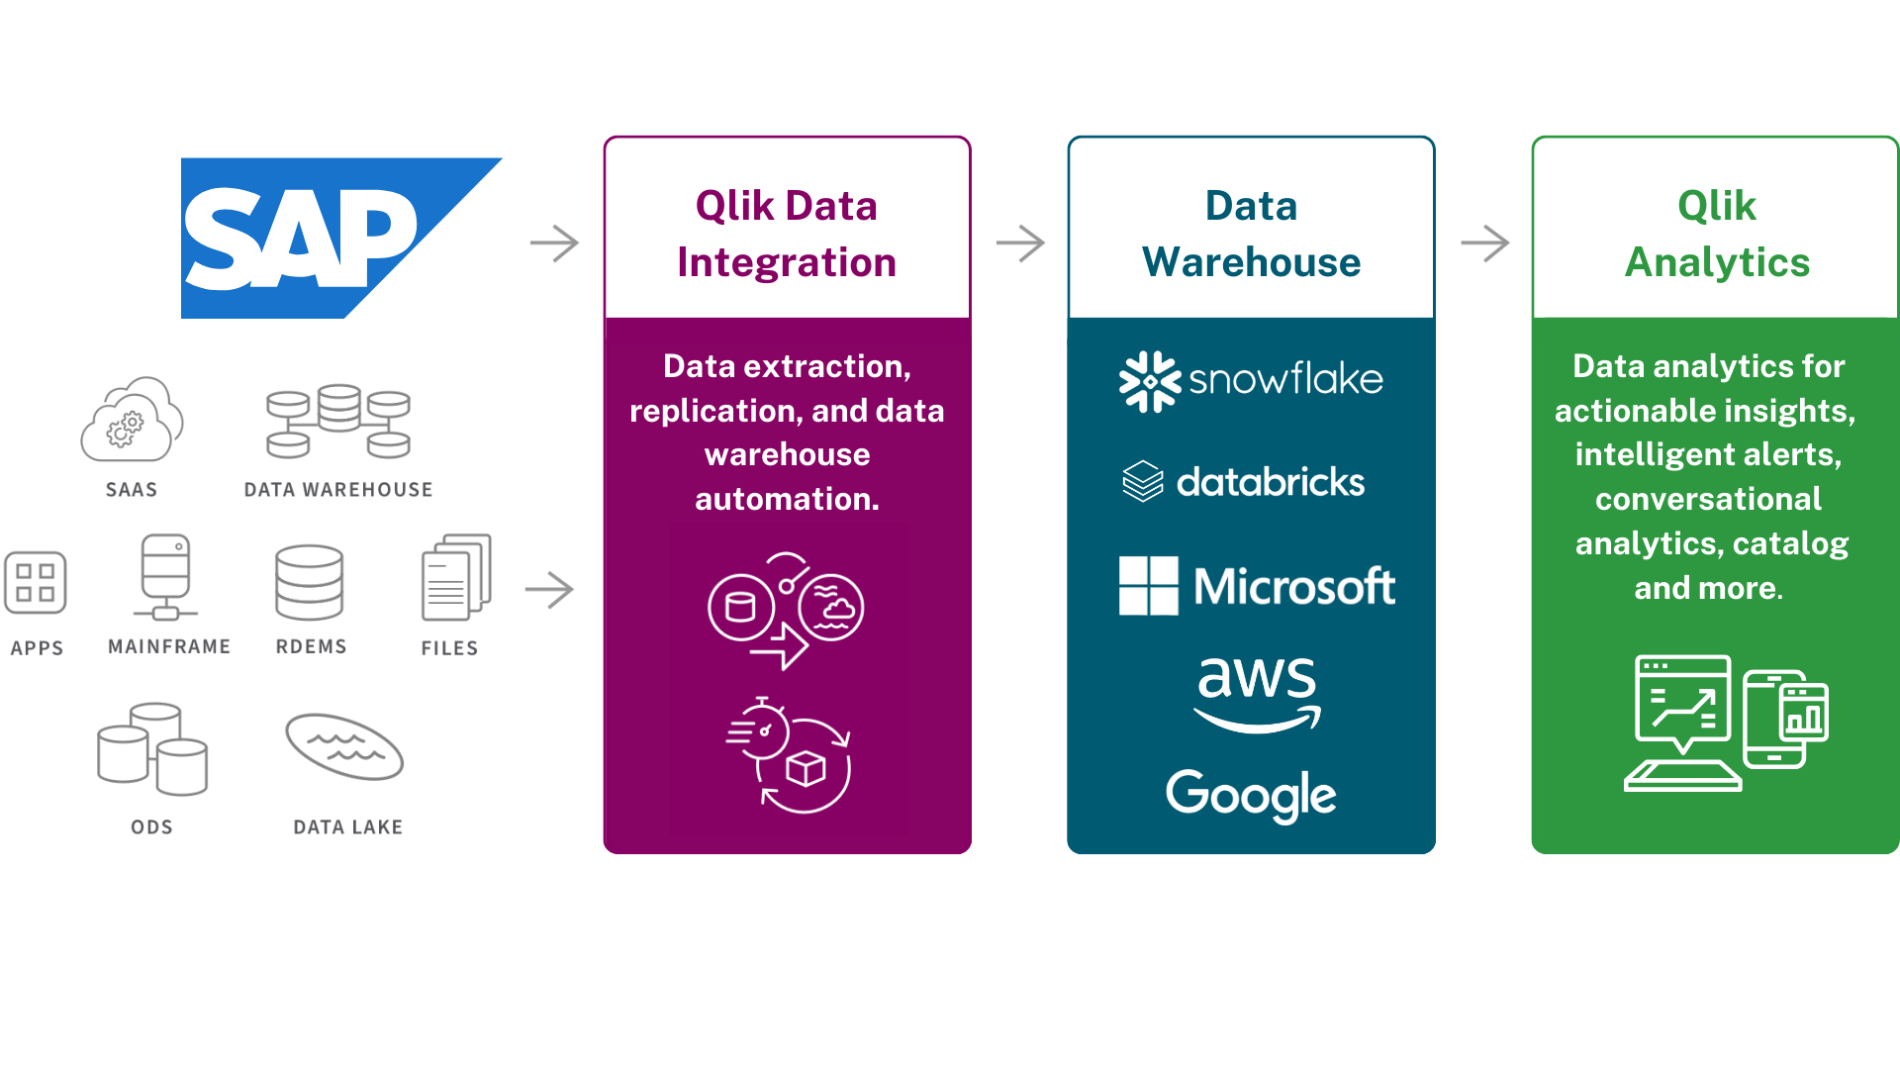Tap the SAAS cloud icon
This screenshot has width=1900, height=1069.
click(132, 421)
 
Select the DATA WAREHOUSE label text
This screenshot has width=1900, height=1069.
click(338, 489)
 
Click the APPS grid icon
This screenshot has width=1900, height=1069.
click(36, 583)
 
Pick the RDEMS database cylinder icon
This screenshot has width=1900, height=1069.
click(310, 582)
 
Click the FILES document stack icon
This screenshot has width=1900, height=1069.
click(455, 577)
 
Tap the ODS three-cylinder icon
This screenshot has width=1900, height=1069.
click(152, 749)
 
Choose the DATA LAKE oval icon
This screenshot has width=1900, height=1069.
click(344, 747)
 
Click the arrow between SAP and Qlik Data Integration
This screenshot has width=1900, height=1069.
click(554, 243)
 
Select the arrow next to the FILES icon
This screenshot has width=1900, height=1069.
click(549, 590)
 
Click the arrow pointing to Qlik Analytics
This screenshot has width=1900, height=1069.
click(1484, 243)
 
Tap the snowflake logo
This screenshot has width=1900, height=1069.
click(1251, 380)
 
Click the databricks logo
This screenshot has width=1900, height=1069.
click(1244, 482)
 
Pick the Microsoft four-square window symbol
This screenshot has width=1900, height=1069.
click(1148, 586)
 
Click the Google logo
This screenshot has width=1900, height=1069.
click(1251, 794)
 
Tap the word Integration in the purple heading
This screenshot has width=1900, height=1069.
click(787, 262)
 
